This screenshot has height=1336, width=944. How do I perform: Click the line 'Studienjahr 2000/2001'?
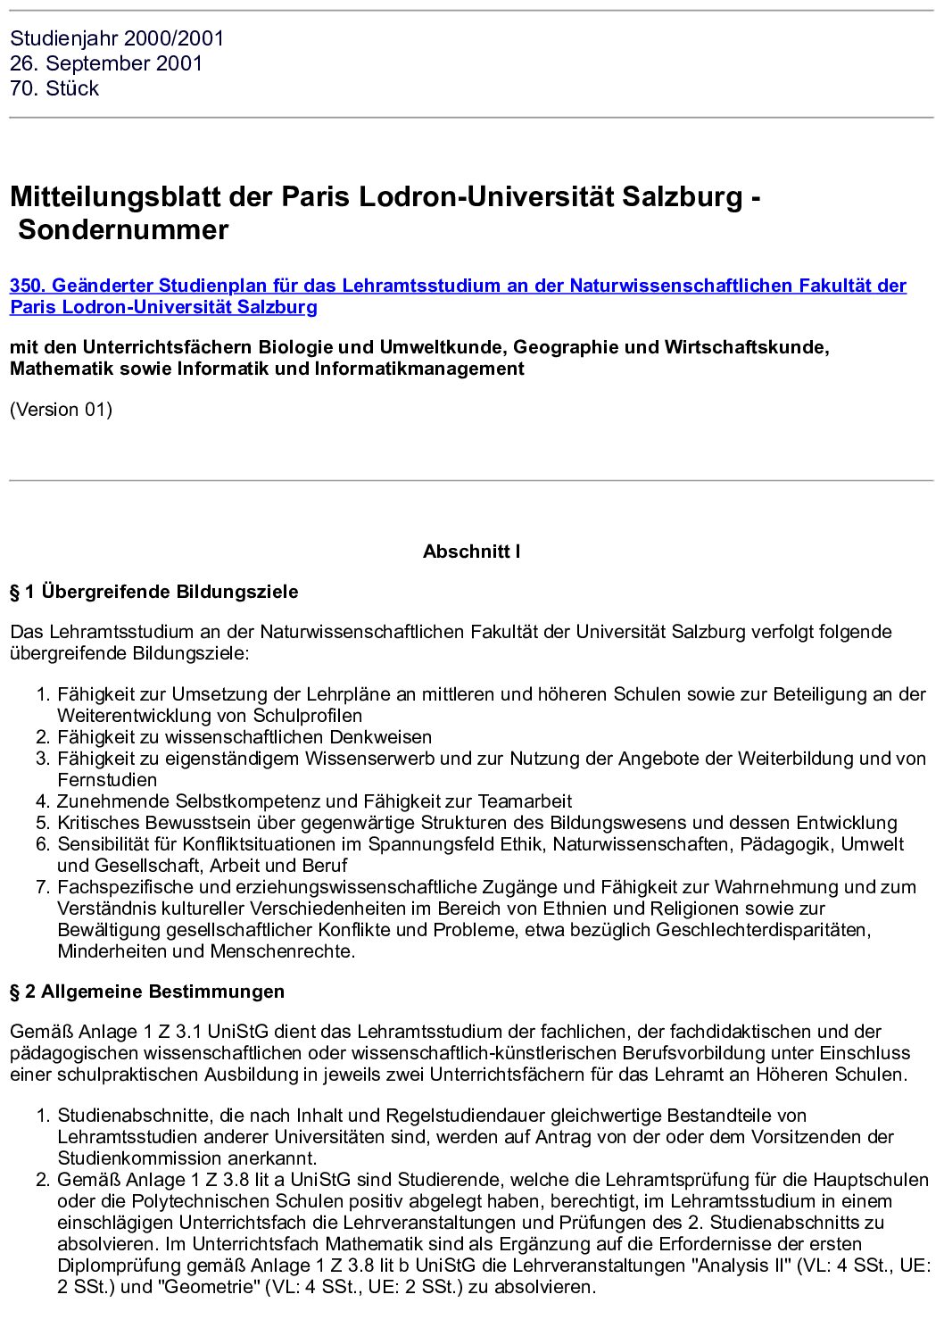pos(117,38)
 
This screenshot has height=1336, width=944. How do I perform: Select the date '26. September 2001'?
pos(106,63)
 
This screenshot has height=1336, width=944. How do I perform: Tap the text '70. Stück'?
pos(54,88)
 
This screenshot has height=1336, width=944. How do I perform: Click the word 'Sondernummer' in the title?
pos(123,229)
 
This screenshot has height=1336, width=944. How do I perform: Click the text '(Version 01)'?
pos(61,410)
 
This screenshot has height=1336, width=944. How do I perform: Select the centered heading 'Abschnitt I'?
pos(471,552)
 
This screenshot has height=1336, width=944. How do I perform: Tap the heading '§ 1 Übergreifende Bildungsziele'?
pos(153,592)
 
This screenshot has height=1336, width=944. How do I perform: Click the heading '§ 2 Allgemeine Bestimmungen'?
pos(147,992)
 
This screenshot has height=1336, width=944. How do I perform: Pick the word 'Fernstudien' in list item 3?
pos(107,780)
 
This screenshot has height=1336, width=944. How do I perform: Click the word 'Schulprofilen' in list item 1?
pos(308,716)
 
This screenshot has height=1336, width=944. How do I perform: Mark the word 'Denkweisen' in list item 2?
pos(381,737)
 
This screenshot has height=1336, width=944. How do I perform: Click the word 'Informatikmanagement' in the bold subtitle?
pos(419,369)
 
